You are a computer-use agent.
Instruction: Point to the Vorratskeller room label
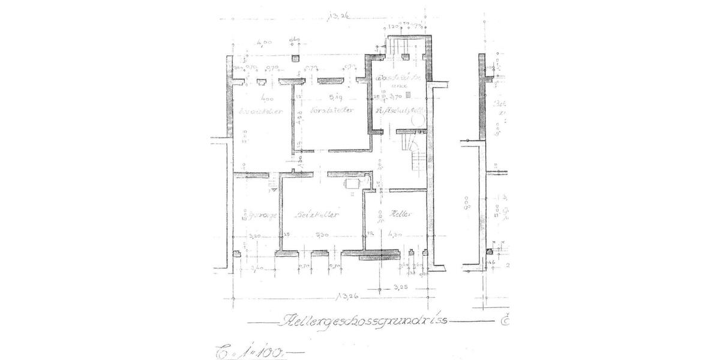coord(330,110)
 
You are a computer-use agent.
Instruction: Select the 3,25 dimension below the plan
coord(403,287)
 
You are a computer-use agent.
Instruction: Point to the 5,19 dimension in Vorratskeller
coord(334,96)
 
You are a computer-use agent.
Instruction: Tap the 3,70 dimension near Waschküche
coord(394,96)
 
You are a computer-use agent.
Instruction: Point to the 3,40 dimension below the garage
coord(257,268)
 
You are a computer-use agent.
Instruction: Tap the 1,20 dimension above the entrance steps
coord(394,28)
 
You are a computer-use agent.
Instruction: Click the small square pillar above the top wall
coord(295,58)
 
